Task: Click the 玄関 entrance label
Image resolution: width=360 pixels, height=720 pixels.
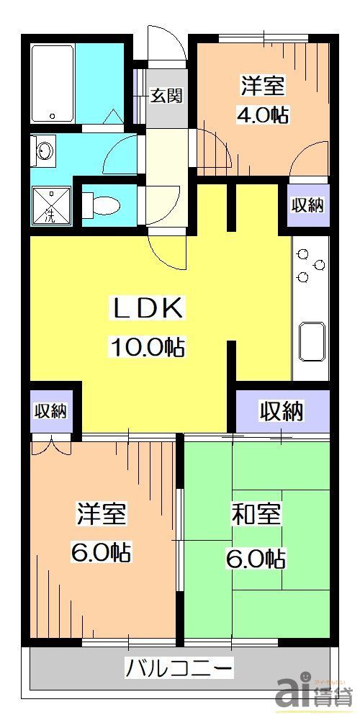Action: pos(165,96)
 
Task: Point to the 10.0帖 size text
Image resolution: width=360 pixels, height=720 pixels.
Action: pos(147,348)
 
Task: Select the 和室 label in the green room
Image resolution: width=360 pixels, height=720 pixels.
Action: pos(256,516)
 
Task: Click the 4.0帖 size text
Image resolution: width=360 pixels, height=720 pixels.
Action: pos(262,114)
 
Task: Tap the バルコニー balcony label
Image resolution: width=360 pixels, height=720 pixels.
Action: pos(179,668)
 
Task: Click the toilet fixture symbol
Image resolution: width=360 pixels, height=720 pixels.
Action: pos(101,204)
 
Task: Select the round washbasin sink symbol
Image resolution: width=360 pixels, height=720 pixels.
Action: pos(45,152)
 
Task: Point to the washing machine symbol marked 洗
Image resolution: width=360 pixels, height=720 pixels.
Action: pos(50,205)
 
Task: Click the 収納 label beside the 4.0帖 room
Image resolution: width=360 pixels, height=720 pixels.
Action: pos(307,205)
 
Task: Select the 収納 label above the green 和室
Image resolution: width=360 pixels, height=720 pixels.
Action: pos(282,412)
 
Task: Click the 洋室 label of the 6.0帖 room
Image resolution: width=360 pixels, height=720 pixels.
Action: pos(102,516)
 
